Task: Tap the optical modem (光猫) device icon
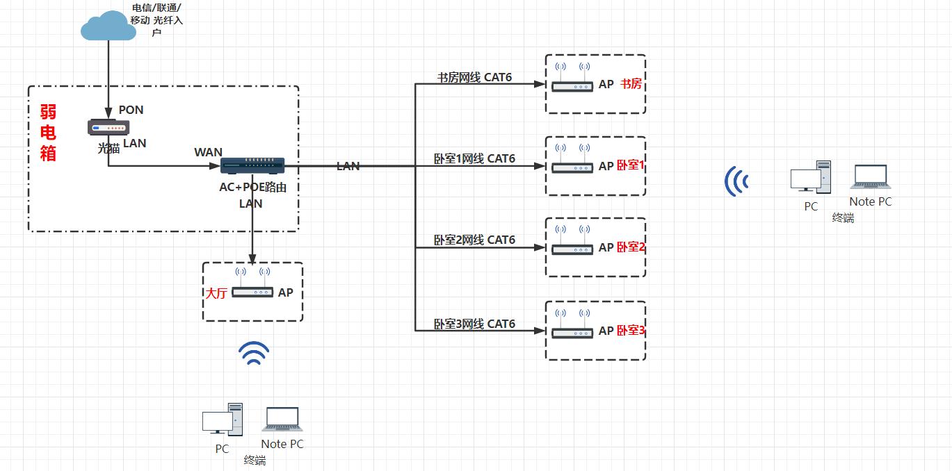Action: click(x=108, y=128)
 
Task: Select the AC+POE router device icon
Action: click(x=252, y=165)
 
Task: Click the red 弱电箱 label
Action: click(x=48, y=132)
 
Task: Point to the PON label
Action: click(x=131, y=110)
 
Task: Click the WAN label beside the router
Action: click(x=208, y=152)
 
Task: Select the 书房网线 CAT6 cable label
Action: click(x=474, y=77)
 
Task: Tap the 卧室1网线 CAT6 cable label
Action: click(x=474, y=158)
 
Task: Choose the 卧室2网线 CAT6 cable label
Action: click(x=474, y=240)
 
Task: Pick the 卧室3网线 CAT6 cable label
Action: click(x=474, y=324)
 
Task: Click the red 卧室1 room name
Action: click(x=631, y=166)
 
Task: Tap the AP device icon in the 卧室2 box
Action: click(x=572, y=248)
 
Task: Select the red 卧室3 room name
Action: click(x=631, y=331)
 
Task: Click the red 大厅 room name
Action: click(x=216, y=293)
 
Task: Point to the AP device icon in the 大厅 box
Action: click(x=252, y=292)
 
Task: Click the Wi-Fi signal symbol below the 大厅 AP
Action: click(x=254, y=354)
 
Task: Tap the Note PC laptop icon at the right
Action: click(x=869, y=178)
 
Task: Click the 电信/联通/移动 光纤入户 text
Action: click(x=157, y=20)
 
